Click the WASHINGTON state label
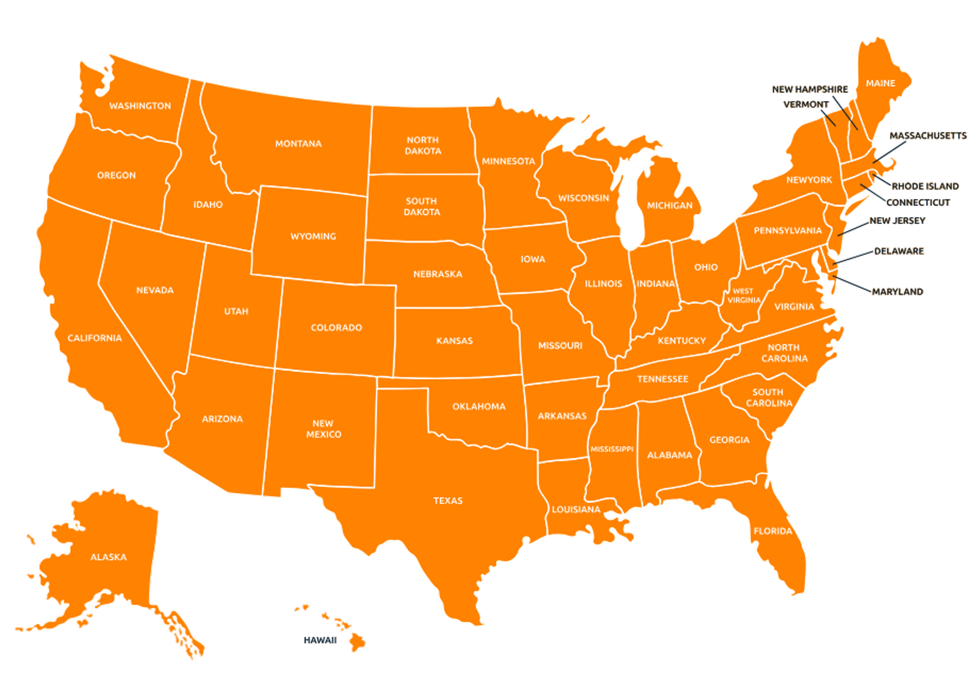(x=140, y=106)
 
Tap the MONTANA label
(x=298, y=144)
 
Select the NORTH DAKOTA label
(x=423, y=145)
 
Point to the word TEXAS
(x=448, y=501)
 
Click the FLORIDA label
(x=773, y=531)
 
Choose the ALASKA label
(x=108, y=557)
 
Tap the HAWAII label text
(x=320, y=640)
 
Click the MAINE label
(x=880, y=83)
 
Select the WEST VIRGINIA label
(x=743, y=296)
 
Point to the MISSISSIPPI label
(x=612, y=449)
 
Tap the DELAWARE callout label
(x=899, y=251)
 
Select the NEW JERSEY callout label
(x=897, y=221)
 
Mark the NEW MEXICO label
(x=323, y=429)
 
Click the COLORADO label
(x=336, y=328)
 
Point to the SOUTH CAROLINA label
(x=769, y=398)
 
